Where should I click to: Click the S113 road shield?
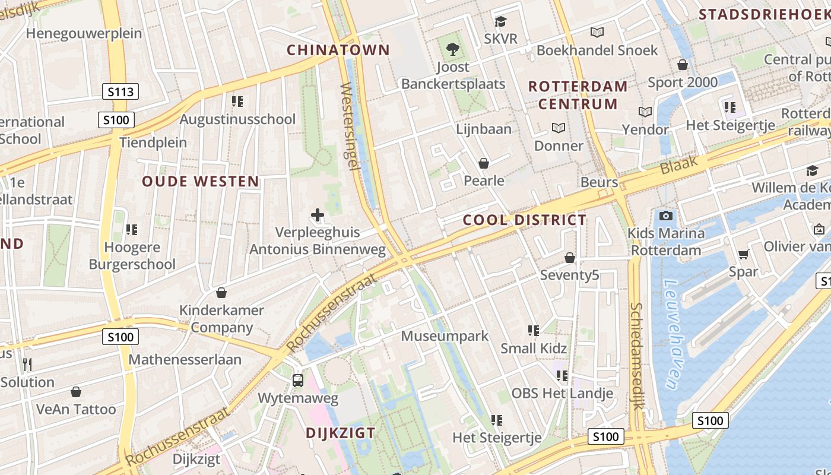(x=120, y=91)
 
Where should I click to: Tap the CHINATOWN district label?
(x=338, y=50)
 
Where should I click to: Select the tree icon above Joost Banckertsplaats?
(x=453, y=49)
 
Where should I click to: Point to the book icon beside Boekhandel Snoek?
(x=597, y=33)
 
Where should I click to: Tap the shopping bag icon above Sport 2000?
(x=683, y=65)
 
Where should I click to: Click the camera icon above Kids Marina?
(x=666, y=216)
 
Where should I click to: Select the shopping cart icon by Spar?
(x=743, y=254)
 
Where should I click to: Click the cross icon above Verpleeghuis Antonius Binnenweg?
(x=318, y=214)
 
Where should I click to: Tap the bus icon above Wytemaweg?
(x=298, y=380)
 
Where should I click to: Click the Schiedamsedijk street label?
(x=637, y=356)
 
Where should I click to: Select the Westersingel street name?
(x=350, y=126)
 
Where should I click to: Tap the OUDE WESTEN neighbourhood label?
(x=201, y=182)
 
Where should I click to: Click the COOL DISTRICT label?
(x=525, y=220)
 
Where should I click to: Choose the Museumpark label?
(x=445, y=336)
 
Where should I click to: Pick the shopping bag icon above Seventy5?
(x=570, y=258)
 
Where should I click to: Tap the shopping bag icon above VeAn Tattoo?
(x=76, y=392)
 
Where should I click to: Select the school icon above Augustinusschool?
(x=237, y=102)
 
